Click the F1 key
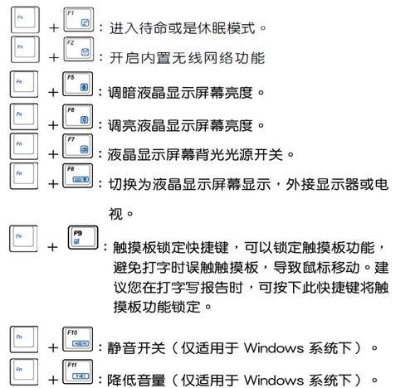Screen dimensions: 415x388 (79, 20)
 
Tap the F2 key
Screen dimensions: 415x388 (79, 49)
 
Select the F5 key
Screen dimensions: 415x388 (78, 84)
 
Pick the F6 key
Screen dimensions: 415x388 (78, 117)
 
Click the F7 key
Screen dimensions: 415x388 (78, 146)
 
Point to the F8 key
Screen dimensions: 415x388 (78, 176)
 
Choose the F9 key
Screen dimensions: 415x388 (83, 238)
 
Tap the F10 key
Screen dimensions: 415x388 (78, 339)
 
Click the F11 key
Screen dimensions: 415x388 (78, 372)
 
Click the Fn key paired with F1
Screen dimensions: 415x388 (25, 20)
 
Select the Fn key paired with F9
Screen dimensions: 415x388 (23, 239)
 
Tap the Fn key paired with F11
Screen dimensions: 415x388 (24, 372)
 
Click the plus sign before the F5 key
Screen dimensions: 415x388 (53, 92)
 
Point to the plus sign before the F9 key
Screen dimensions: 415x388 (52, 247)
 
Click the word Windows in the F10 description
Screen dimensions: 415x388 (274, 347)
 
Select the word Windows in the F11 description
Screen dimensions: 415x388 (274, 380)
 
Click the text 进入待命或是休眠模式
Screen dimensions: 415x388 (182, 28)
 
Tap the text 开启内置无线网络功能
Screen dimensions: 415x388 (187, 58)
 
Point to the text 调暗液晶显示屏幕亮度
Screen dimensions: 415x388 (180, 93)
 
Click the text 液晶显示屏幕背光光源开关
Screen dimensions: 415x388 (195, 154)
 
